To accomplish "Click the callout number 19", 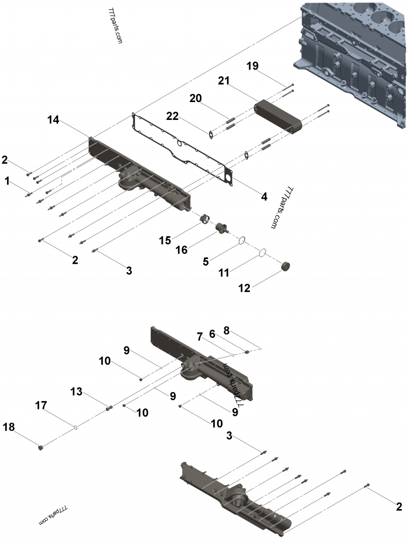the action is (252, 66).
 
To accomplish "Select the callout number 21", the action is (224, 81).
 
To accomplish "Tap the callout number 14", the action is (53, 120).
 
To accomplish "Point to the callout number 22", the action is (172, 116).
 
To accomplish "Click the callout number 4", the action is (265, 197).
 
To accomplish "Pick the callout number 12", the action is (244, 288).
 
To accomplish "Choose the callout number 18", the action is (9, 427).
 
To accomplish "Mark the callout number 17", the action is (41, 405).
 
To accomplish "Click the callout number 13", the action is (76, 392).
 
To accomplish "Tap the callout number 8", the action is (226, 331).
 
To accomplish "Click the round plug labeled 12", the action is (285, 267).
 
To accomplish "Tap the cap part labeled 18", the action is (41, 448).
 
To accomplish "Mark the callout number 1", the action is (7, 180).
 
